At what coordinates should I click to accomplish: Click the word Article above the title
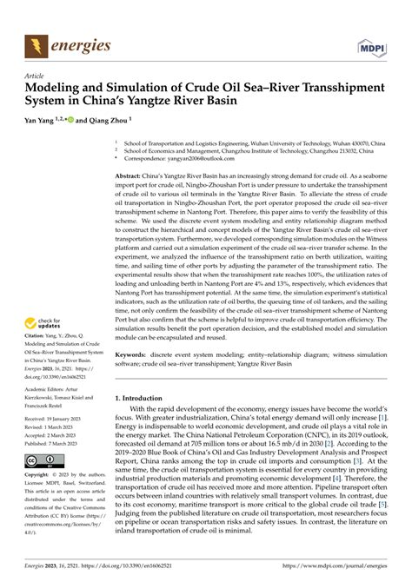point(36,76)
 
